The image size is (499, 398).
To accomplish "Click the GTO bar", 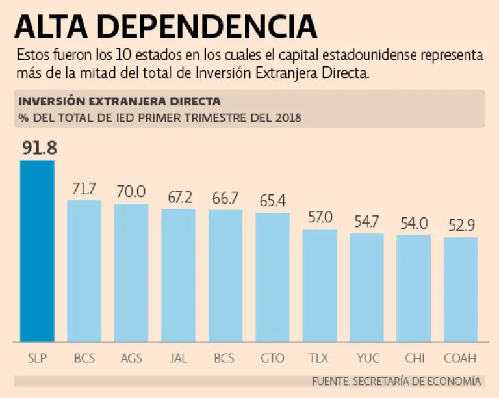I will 272,277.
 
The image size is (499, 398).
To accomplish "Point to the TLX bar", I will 320,285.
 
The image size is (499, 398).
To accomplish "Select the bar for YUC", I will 366,287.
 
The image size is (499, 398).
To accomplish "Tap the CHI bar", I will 414,288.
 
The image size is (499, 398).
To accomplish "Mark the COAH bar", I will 461,289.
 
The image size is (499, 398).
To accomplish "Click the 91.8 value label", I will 39,148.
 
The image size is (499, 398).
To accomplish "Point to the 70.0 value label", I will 131,192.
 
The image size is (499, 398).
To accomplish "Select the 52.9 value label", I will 461,226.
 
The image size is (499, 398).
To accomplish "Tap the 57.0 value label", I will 320,217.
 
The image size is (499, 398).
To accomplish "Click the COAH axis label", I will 461,358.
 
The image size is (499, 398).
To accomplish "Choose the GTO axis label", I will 272,358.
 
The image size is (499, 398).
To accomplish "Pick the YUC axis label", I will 366,358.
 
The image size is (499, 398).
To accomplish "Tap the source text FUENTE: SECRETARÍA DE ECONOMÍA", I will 396,381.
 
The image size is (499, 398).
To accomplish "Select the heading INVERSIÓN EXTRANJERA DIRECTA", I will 119,101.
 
